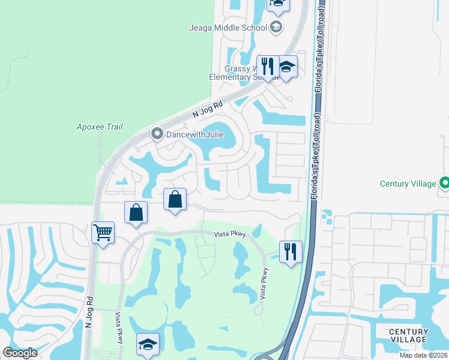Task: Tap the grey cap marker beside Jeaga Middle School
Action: point(276,26)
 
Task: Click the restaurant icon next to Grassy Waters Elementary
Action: point(268,65)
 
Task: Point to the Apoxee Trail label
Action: point(100,127)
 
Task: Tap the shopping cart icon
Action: point(103,232)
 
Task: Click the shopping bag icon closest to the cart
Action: point(136,212)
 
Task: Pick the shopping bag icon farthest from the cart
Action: point(175,199)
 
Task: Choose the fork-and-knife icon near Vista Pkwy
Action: point(291,251)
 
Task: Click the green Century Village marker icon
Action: point(445,182)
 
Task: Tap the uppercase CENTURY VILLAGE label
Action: point(409,335)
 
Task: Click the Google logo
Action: point(20,353)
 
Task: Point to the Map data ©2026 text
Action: point(421,355)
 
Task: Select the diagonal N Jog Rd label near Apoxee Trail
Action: point(208,109)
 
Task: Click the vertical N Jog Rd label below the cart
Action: point(89,311)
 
